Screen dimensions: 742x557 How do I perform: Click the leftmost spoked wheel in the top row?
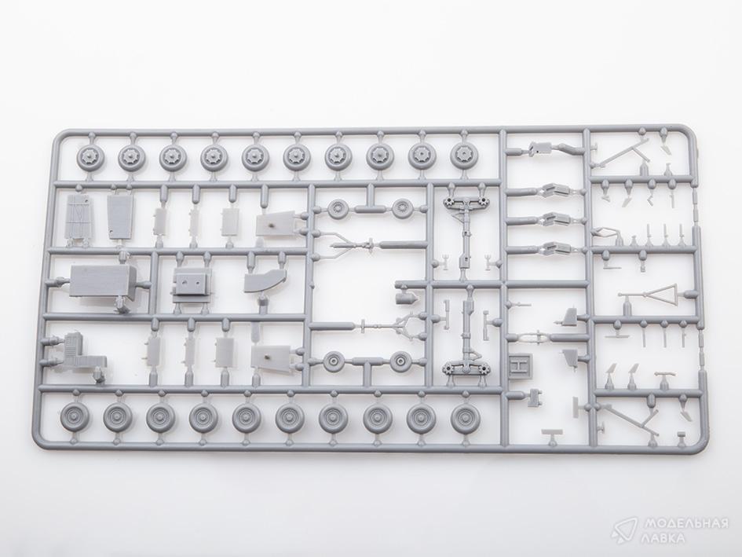pyautogui.click(x=87, y=157)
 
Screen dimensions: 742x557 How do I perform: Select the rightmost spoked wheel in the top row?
pyautogui.click(x=462, y=154)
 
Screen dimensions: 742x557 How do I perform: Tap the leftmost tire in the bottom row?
pyautogui.click(x=75, y=418)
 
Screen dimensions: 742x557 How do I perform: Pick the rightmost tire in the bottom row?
pyautogui.click(x=466, y=418)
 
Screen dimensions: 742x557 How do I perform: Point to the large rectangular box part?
pyautogui.click(x=103, y=281)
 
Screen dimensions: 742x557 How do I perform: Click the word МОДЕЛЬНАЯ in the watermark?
pyautogui.click(x=683, y=524)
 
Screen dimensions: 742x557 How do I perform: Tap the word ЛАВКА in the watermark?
pyautogui.click(x=663, y=537)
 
